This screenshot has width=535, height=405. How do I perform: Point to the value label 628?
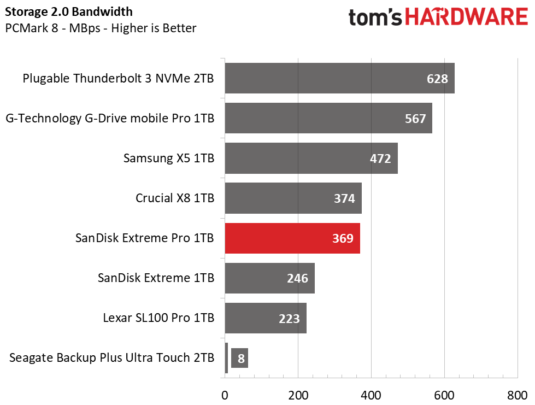click(437, 79)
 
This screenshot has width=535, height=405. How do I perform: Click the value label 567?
click(415, 119)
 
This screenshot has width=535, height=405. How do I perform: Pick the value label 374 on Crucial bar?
click(344, 198)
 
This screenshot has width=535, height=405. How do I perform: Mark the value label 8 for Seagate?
click(240, 359)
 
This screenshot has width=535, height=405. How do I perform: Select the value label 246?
click(297, 278)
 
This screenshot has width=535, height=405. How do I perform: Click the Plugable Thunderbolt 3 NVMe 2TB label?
click(118, 79)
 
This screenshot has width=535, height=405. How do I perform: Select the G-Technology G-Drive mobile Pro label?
click(110, 119)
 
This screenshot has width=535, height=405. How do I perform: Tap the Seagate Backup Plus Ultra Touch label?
click(111, 358)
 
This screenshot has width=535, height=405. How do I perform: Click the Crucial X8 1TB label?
click(175, 198)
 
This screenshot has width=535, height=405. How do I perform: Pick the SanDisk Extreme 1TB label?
click(156, 278)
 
